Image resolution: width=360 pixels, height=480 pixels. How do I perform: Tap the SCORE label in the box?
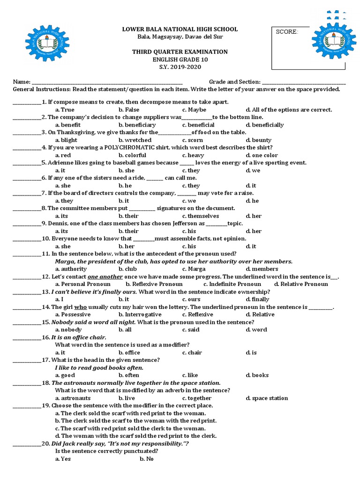pyautogui.click(x=287, y=32)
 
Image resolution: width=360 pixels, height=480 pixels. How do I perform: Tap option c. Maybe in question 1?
pyautogui.click(x=194, y=110)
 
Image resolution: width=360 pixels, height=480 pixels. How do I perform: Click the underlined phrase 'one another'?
pyautogui.click(x=103, y=277)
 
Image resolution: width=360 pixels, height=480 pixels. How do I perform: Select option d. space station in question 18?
pyautogui.click(x=267, y=398)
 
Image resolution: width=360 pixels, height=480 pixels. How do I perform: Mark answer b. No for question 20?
pyautogui.click(x=146, y=459)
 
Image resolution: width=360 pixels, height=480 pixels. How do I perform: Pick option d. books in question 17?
pyautogui.click(x=257, y=375)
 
